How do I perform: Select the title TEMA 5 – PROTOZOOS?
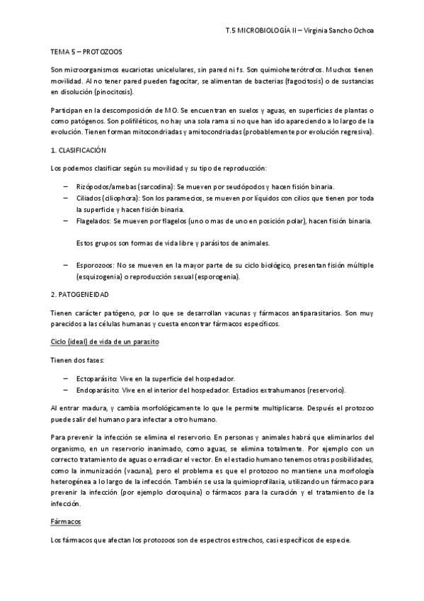coord(80,52)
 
